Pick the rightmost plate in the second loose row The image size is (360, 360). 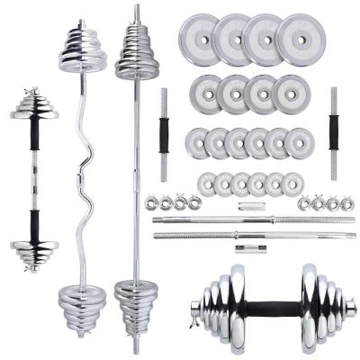click(289, 93)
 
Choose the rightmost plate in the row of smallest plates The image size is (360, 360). click(292, 185)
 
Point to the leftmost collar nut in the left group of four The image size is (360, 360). click(150, 203)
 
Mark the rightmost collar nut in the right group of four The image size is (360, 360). click(344, 203)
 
